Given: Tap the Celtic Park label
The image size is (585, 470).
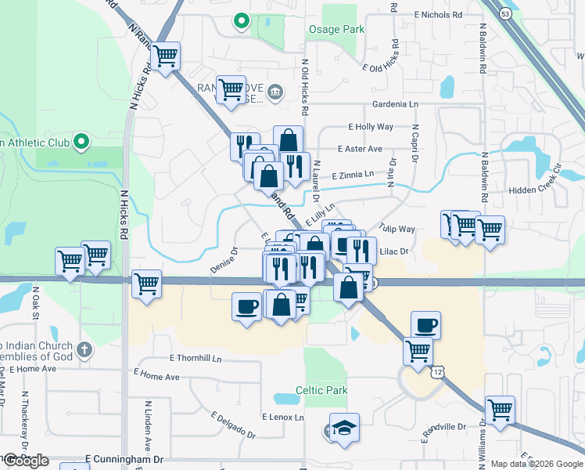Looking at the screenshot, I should [x=321, y=390].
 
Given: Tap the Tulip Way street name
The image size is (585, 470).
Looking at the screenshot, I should [x=397, y=229].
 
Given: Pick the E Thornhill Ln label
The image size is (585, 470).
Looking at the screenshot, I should [x=196, y=358].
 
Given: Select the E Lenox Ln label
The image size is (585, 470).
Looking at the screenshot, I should [x=282, y=417].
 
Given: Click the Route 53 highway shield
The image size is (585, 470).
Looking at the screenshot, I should [x=507, y=13].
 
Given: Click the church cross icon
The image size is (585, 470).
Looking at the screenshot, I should [x=85, y=347].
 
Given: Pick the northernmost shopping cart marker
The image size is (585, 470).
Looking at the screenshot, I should [x=165, y=56].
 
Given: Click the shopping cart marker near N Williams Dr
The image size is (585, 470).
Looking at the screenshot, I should [x=499, y=410].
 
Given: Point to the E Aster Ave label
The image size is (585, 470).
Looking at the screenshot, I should [x=360, y=149].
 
